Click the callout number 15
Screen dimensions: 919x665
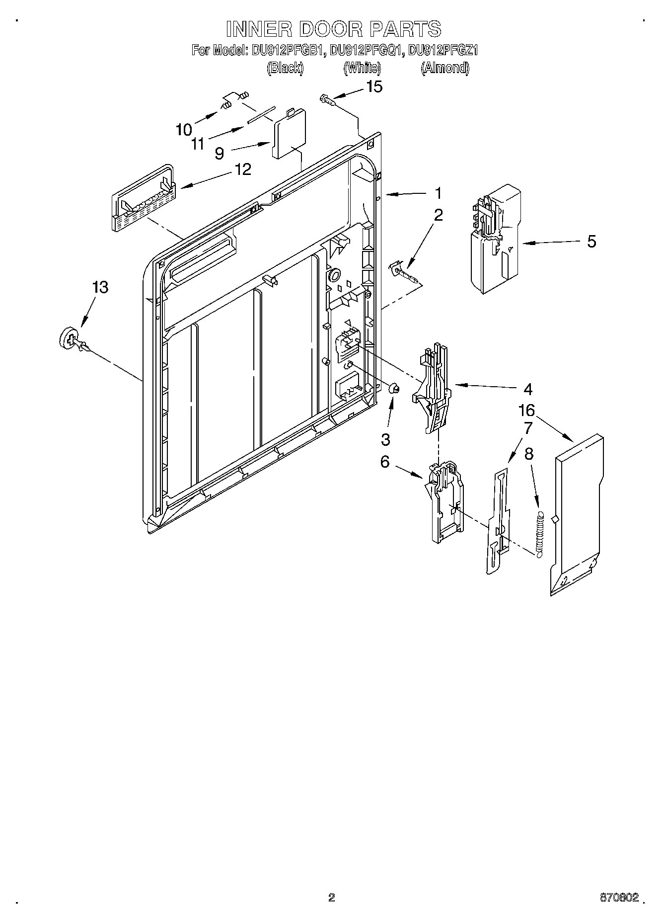point(374,87)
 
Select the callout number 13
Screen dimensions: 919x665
point(100,287)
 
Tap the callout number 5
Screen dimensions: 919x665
point(591,242)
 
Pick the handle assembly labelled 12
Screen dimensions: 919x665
point(142,197)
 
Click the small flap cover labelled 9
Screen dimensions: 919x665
point(288,134)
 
